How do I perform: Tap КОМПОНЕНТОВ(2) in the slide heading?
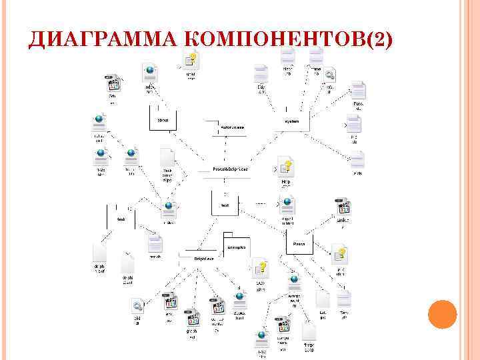[x=287, y=42]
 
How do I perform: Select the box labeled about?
[x=163, y=120]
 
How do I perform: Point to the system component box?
[x=292, y=121]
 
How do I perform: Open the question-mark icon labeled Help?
[x=286, y=166]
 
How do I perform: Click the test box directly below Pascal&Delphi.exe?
[x=225, y=205]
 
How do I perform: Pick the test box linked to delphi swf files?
[x=121, y=219]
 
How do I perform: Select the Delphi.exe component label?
[x=203, y=257]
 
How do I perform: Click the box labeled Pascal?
[x=300, y=244]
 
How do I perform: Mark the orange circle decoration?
[x=441, y=313]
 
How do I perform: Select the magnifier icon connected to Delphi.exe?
[x=138, y=306]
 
